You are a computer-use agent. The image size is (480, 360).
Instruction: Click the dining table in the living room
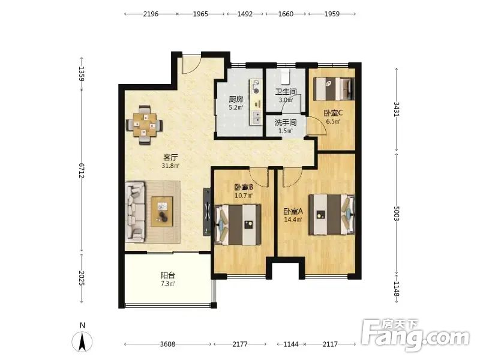point(145,125)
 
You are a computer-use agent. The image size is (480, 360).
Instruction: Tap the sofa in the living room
point(135,211)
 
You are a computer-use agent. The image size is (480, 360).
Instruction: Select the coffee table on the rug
point(161,212)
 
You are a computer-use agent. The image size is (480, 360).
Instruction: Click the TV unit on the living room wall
point(207,212)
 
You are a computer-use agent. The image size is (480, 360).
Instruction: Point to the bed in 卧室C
point(334,89)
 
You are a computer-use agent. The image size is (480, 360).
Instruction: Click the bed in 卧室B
point(238,224)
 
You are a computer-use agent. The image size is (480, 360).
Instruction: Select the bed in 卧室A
point(332,215)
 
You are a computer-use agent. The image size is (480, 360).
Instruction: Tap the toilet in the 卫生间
point(286,76)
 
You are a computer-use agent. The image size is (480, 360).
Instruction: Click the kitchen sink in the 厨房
point(256,118)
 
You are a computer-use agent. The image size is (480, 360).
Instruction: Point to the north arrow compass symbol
point(82,341)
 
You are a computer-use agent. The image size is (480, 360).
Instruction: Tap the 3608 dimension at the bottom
point(168,344)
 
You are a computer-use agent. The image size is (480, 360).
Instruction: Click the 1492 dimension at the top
point(245,14)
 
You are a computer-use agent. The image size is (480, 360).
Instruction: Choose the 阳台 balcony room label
point(168,275)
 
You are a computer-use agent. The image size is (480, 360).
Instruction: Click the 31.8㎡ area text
point(170,166)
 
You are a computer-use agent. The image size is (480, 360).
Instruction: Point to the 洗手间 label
point(286,123)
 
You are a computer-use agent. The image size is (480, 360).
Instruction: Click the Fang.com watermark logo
point(415,336)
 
